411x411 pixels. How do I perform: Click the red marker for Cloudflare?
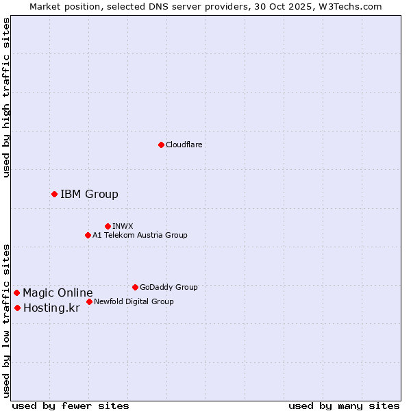[x=161, y=145]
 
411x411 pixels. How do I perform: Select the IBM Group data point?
[x=54, y=194]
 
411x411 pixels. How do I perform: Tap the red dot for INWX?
[x=108, y=226]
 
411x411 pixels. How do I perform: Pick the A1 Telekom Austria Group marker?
[x=88, y=235]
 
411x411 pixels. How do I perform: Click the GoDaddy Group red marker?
[x=135, y=287]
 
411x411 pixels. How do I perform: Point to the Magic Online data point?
[x=16, y=292]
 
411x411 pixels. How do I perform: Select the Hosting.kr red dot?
[x=17, y=308]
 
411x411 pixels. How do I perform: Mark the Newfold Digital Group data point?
[x=89, y=301]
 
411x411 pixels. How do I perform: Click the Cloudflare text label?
[x=184, y=145]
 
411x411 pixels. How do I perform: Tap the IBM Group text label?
[x=89, y=194]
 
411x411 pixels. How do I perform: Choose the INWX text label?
[x=123, y=226]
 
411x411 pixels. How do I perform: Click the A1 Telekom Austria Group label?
[x=140, y=235]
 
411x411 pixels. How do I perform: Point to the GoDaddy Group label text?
[x=169, y=287]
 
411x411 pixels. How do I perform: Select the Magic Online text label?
[x=58, y=292]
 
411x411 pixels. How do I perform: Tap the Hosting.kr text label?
[x=51, y=308]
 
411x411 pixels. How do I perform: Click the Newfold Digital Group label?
[x=134, y=301]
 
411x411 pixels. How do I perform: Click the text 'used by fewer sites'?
[x=71, y=406]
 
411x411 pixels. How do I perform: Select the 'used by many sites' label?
[x=344, y=406]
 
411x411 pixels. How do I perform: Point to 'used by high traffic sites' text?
[x=6, y=97]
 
